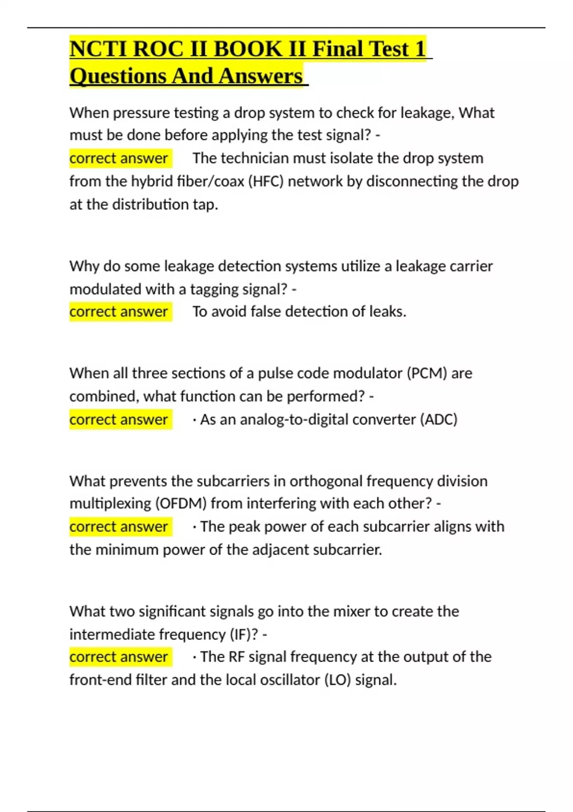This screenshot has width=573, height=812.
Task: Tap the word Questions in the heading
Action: point(117,76)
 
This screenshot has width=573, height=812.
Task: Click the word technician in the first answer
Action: point(255,158)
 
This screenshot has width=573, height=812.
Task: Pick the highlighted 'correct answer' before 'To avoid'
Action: point(119,312)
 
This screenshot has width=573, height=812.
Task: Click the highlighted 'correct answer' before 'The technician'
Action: point(119,158)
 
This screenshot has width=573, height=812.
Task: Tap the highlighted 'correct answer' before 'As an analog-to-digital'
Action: point(119,419)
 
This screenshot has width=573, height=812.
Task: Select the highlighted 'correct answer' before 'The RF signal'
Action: point(119,657)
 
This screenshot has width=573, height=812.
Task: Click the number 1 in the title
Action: point(420,49)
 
